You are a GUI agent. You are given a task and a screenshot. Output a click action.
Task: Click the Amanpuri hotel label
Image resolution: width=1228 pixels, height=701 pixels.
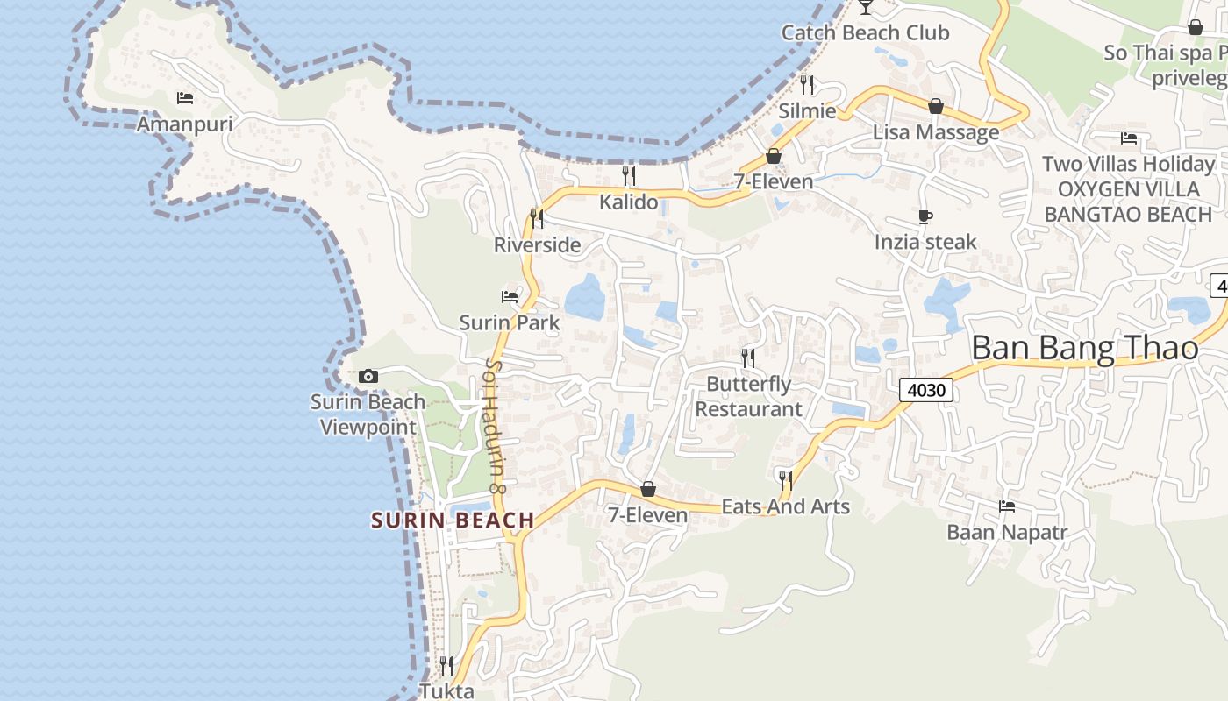click(184, 124)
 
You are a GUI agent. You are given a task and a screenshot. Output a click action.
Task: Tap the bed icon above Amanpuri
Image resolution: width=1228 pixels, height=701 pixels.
click(184, 97)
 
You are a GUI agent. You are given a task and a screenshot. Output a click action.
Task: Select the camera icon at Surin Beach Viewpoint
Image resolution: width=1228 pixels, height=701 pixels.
click(368, 376)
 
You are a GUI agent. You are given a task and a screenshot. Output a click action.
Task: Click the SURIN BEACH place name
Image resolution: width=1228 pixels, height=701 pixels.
click(453, 520)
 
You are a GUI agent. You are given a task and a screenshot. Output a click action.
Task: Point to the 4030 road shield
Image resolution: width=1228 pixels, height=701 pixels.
click(925, 390)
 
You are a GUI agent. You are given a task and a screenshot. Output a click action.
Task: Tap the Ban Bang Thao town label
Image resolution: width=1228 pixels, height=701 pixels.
click(1084, 348)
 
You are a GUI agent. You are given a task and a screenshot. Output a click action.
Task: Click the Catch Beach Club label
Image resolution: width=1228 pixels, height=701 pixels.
click(865, 33)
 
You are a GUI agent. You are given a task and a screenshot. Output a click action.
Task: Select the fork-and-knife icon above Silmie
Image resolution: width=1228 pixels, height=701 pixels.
click(807, 85)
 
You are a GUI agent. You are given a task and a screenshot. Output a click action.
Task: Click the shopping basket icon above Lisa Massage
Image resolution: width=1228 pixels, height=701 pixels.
click(936, 106)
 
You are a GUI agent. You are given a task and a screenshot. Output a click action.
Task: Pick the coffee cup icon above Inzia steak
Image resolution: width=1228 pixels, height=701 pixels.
click(925, 216)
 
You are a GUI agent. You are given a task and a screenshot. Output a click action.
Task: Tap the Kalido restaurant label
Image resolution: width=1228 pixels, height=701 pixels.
click(628, 202)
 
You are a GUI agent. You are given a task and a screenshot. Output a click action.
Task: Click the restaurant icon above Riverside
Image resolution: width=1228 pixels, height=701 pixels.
click(537, 218)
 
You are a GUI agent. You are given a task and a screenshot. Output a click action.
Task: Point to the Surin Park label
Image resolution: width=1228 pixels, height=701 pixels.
click(510, 322)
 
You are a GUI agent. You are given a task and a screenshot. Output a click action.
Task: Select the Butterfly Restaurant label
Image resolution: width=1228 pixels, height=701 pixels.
click(748, 396)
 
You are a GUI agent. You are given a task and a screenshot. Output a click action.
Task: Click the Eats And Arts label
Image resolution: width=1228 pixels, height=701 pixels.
click(785, 506)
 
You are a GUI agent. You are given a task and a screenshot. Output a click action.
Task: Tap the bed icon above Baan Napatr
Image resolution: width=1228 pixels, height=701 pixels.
click(1007, 506)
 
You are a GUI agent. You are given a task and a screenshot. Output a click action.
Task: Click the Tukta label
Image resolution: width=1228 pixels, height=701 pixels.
click(446, 690)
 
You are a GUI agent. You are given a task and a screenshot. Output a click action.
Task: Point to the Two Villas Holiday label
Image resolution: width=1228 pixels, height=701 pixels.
click(1128, 164)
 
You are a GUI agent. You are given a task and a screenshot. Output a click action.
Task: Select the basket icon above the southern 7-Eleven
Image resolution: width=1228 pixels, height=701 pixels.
click(648, 489)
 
